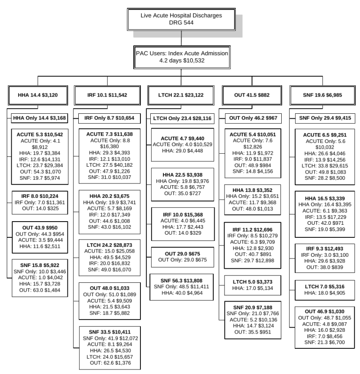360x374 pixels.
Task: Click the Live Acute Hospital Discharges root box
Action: point(181,18)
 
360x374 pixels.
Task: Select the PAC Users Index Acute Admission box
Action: point(182,57)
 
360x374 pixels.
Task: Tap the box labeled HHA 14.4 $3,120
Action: point(37,95)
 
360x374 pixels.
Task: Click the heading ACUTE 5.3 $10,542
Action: point(40,134)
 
